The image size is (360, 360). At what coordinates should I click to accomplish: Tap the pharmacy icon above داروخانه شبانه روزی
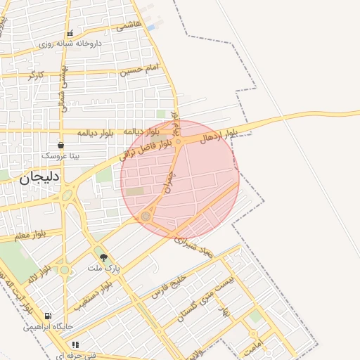click(69, 34)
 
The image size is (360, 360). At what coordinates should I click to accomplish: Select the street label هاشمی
click(129, 25)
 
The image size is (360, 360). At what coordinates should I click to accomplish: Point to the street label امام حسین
click(139, 70)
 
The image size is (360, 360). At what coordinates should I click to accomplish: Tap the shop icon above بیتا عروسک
click(61, 145)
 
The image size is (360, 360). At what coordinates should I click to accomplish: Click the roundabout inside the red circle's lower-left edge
click(146, 216)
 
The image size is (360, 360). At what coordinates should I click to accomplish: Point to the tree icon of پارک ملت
click(104, 258)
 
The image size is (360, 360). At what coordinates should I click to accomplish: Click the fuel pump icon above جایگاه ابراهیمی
click(48, 316)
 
